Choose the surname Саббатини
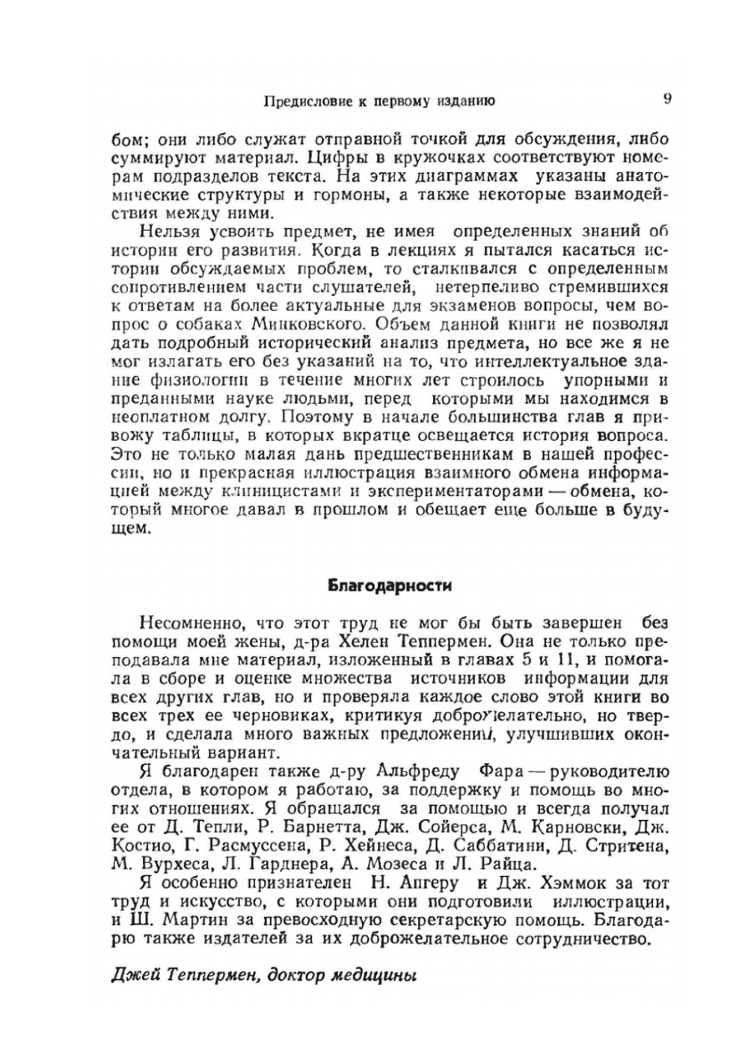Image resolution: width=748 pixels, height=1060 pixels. tap(472, 846)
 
